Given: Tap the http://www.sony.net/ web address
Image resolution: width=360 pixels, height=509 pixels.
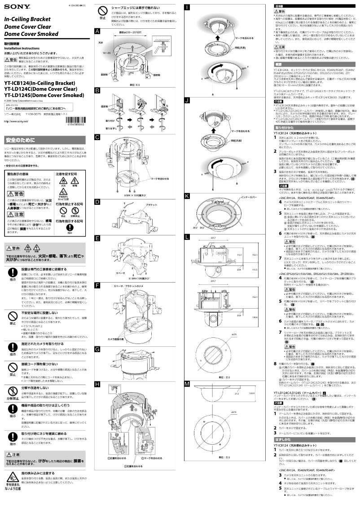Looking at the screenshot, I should [x=17, y=121].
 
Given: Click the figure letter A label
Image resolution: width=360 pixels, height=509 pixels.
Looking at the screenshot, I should [x=97, y=31].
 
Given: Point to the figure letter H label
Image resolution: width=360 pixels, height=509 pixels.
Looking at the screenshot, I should [x=97, y=384].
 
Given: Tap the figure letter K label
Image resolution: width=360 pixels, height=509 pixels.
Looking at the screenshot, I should [x=187, y=196].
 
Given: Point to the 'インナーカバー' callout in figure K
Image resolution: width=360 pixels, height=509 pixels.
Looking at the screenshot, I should [x=244, y=196].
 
